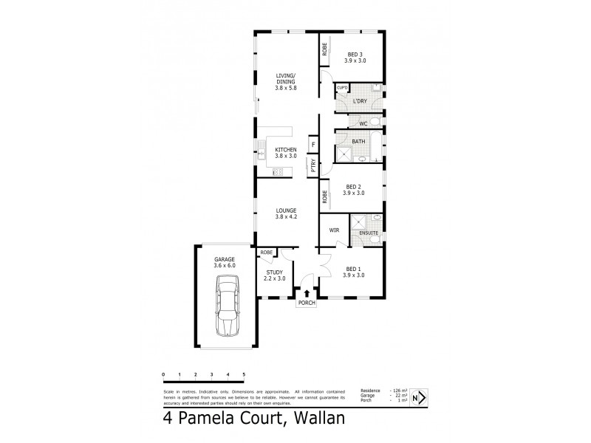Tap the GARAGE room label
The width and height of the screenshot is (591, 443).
(225, 260)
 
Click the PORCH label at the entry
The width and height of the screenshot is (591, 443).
(307, 303)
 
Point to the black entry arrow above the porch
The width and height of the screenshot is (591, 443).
(307, 293)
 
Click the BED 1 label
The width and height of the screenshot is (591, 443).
(354, 269)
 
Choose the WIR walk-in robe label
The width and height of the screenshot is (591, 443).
(334, 230)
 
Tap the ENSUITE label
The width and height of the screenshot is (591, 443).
(369, 233)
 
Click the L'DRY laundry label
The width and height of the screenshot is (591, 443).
(361, 100)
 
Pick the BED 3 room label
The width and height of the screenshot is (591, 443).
(354, 54)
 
